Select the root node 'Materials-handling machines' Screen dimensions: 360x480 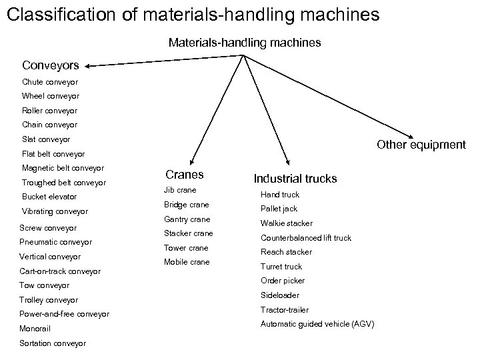(245, 43)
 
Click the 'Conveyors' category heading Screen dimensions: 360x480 (51, 65)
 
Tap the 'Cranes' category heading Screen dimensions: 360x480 (185, 175)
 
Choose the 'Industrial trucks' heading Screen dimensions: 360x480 (295, 179)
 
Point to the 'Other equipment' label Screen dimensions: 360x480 (421, 145)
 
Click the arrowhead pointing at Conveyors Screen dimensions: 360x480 (89, 66)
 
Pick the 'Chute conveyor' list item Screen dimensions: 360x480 (50, 82)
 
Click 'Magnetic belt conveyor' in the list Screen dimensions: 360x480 (63, 168)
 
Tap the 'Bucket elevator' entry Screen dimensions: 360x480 (49, 197)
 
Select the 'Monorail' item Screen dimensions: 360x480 (36, 329)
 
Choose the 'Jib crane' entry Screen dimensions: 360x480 (180, 190)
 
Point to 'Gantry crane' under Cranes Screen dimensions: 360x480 (187, 219)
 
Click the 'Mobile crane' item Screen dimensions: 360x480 (187, 262)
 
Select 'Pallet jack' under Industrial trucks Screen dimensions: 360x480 (279, 209)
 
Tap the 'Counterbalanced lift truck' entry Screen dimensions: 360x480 (305, 238)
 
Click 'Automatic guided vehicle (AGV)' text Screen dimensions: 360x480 (317, 324)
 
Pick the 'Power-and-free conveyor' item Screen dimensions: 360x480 (65, 314)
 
